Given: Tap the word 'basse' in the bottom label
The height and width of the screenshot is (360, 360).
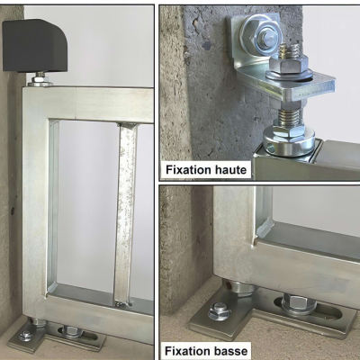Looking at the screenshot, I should coord(228,350).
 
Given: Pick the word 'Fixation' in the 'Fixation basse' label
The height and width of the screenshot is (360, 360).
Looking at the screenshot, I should coord(189,350).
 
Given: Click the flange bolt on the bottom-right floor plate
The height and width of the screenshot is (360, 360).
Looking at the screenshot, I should coord(221,310).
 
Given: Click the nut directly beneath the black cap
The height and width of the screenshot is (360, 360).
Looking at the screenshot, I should coord(40,81).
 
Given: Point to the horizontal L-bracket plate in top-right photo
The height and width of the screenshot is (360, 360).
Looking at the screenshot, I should coord(297,85).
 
